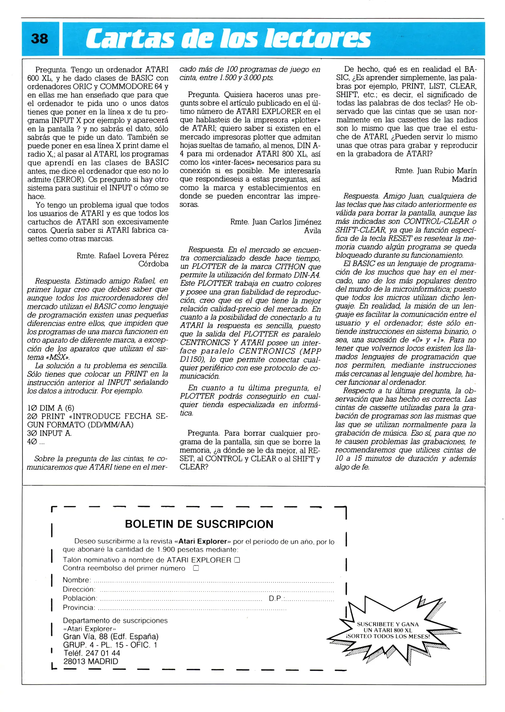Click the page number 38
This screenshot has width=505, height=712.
(39, 39)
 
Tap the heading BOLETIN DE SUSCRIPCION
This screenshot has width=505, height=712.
(199, 524)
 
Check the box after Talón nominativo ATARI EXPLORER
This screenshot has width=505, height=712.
(237, 560)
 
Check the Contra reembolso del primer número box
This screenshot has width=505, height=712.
(196, 568)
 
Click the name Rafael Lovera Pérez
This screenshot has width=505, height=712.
(133, 255)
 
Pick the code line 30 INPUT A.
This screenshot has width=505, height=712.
(50, 433)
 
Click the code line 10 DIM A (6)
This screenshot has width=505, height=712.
(51, 408)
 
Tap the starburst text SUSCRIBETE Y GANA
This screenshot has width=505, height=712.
(387, 624)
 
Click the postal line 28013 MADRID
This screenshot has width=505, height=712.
(90, 662)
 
